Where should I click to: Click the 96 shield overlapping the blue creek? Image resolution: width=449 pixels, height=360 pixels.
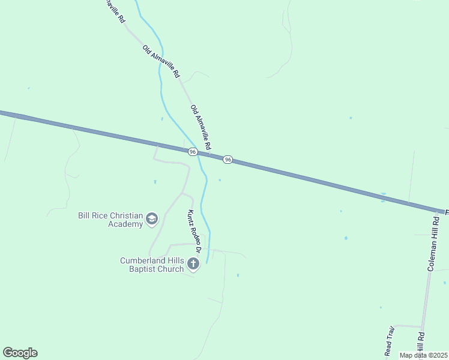point(192,152)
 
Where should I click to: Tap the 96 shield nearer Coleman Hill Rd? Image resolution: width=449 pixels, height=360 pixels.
point(228,160)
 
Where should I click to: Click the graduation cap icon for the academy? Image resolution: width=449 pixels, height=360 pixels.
point(152,219)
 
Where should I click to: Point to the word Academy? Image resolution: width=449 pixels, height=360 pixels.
point(126,224)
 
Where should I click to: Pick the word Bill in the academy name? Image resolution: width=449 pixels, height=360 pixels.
point(85,215)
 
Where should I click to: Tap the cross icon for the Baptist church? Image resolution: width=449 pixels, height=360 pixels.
point(193,263)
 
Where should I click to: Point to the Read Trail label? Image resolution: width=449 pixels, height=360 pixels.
point(389,340)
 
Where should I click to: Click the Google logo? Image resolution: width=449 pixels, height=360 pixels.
point(20,353)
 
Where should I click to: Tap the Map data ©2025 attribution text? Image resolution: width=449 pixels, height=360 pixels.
point(424,355)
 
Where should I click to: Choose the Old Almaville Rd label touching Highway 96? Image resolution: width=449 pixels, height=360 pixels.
point(201,128)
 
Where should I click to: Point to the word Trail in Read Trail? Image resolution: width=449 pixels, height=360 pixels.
point(390,333)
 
